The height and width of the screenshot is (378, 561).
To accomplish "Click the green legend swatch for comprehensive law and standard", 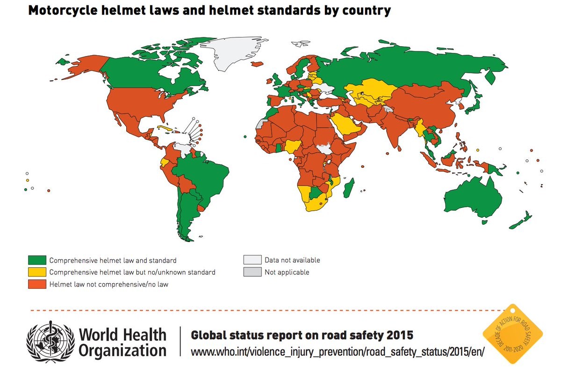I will point(37,260).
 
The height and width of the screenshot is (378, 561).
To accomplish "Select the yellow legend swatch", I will point(37,272).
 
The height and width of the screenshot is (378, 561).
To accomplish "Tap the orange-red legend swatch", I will point(37,284).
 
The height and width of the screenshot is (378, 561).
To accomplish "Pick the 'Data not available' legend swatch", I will point(252,260).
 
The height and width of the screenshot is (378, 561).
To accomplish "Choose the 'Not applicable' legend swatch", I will point(252,272).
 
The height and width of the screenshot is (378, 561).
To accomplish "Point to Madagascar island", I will point(349,188).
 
